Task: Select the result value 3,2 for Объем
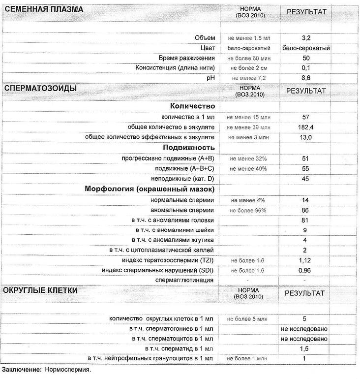click(x=305, y=38)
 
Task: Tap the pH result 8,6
click(x=305, y=78)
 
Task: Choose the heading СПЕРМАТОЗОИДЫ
click(x=40, y=88)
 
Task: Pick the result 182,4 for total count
click(x=305, y=127)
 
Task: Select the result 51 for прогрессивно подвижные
click(x=305, y=158)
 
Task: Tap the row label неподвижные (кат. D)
click(x=185, y=179)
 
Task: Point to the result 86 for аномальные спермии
click(x=305, y=210)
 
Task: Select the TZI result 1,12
click(x=305, y=260)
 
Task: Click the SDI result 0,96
click(x=305, y=270)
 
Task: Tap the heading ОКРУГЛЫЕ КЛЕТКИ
click(x=40, y=290)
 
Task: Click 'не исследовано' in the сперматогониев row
click(x=304, y=329)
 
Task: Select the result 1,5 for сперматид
click(x=305, y=348)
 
